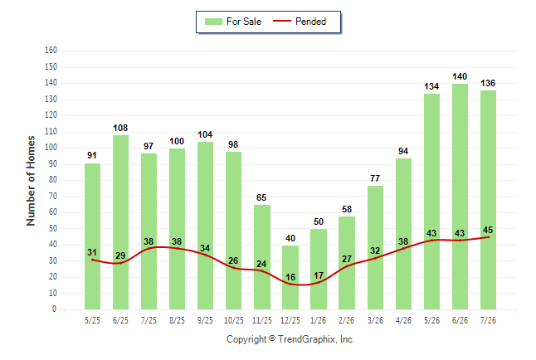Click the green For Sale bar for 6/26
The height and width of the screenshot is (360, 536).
[x=460, y=197]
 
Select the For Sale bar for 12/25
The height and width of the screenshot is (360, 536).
[x=290, y=278]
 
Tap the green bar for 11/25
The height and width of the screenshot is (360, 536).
[x=262, y=257]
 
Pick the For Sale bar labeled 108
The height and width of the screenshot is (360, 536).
[x=120, y=222]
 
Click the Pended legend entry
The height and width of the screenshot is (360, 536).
[x=300, y=22]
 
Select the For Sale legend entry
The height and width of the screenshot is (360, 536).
[x=233, y=22]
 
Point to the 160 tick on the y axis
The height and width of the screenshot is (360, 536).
[x=51, y=51]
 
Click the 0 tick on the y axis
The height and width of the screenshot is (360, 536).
[x=54, y=309]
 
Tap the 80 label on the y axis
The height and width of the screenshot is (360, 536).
[x=52, y=180]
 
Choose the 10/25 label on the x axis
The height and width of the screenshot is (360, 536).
[x=234, y=320]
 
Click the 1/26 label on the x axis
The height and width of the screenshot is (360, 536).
[x=319, y=320]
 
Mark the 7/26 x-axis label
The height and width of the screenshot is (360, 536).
[x=488, y=320]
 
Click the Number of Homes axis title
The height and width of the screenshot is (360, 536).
[x=31, y=181]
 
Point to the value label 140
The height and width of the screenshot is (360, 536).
[x=460, y=76]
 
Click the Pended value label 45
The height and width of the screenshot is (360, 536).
[x=488, y=230]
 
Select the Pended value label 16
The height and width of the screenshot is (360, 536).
[x=290, y=277]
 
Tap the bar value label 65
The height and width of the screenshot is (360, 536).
[x=261, y=197]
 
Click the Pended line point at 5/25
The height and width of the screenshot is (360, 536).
[x=92, y=260]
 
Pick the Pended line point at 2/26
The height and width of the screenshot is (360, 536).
[x=347, y=266]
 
